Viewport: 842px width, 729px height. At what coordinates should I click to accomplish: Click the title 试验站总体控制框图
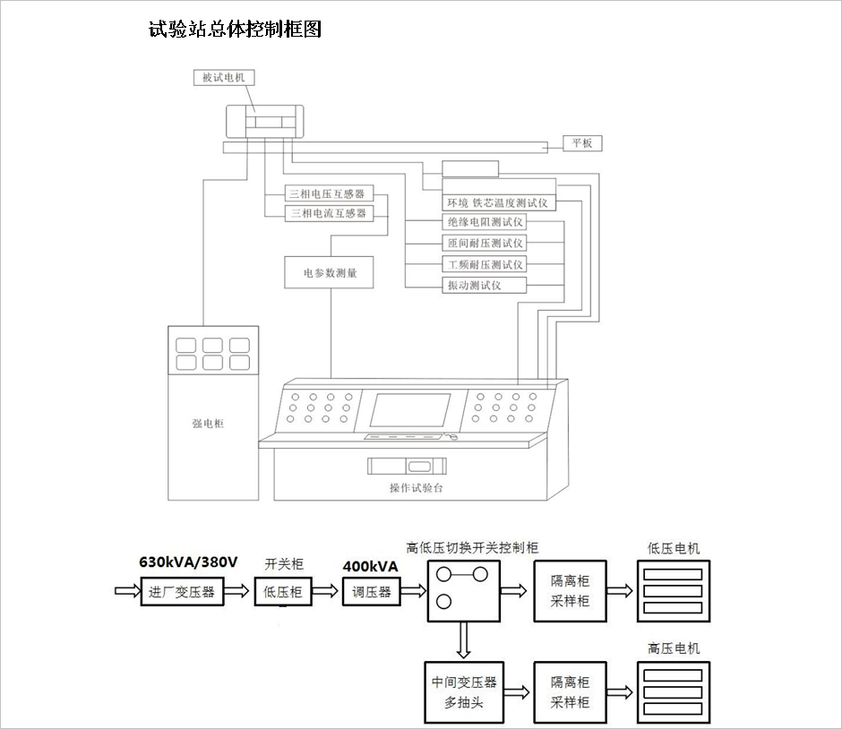click(235, 30)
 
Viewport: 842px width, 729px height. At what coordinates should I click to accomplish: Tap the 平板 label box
click(582, 143)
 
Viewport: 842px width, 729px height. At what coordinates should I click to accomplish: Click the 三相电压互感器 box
click(331, 194)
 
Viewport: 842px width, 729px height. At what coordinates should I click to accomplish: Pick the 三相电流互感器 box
click(331, 213)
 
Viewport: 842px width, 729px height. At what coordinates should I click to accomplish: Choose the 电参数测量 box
click(329, 273)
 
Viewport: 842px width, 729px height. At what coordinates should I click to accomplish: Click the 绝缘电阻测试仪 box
click(485, 222)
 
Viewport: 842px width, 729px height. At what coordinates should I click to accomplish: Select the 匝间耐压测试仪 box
click(485, 243)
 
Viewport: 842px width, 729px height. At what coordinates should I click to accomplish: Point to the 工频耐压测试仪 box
click(485, 264)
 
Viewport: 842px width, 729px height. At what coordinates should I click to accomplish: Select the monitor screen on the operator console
click(410, 410)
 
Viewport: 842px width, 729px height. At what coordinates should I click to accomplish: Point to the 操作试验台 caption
click(417, 488)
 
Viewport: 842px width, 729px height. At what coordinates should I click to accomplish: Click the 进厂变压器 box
click(183, 591)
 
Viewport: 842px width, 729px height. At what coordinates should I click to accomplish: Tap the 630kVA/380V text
click(188, 563)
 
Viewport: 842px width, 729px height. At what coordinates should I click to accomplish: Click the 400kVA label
click(370, 566)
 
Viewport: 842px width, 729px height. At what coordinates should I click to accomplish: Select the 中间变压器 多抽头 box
click(463, 692)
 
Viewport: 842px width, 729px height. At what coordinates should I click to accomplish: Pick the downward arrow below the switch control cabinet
click(463, 640)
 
